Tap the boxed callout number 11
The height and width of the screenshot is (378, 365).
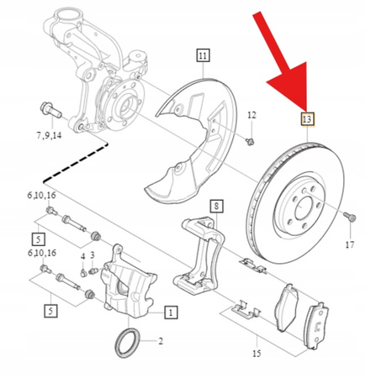(x=202, y=56)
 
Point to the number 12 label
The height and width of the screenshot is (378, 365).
(x=251, y=114)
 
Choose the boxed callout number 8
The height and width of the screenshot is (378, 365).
(x=216, y=206)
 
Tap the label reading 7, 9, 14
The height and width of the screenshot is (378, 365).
(x=49, y=135)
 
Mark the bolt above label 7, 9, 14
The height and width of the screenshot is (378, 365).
(x=45, y=109)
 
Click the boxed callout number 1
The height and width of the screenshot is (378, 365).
(x=171, y=312)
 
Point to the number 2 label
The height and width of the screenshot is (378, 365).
(x=161, y=342)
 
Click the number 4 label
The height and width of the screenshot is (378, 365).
(x=82, y=256)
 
